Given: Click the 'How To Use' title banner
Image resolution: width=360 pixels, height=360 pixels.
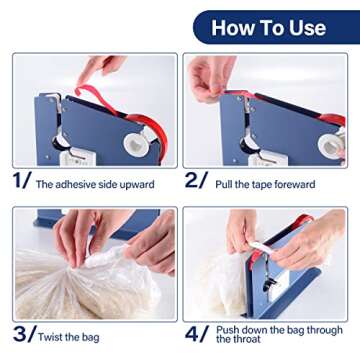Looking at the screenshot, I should [271, 27].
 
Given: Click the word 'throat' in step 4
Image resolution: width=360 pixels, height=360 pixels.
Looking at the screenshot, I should [237, 343].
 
